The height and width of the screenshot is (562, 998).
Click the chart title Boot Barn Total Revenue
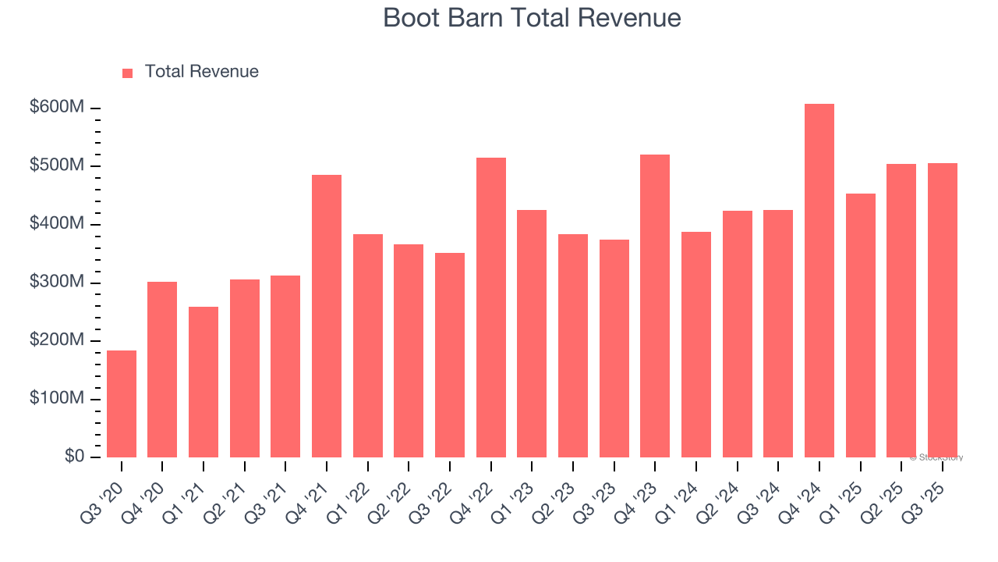532,18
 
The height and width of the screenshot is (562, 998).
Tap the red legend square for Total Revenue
128,73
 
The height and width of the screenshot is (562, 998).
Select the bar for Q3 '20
122,404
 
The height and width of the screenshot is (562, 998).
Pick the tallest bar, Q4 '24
819,280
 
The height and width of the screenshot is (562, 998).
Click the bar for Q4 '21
327,315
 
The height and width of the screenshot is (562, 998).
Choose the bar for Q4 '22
491,307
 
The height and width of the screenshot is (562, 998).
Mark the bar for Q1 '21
203,382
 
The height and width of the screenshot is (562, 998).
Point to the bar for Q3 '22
450,354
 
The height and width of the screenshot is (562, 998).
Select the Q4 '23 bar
655,305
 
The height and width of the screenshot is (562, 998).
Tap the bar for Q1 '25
860,325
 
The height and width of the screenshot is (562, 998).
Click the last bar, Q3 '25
942,310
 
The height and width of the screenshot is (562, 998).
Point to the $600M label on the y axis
57,108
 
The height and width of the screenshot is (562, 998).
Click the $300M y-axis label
57,283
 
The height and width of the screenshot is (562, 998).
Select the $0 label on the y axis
73,457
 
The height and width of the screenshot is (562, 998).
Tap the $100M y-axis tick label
57,399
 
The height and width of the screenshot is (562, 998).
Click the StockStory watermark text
936,457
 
